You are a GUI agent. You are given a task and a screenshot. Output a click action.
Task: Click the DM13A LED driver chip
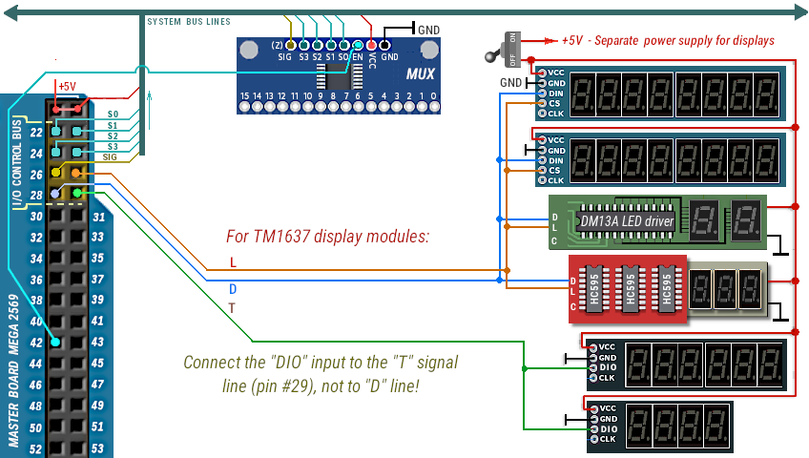[x=626, y=221]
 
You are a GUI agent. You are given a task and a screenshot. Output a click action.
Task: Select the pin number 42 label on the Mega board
[x=35, y=342]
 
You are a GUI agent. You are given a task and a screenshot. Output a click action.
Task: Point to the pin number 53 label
[x=97, y=448]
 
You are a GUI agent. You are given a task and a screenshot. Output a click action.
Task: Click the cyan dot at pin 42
[x=57, y=342]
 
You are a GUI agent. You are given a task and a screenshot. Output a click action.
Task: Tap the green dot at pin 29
[x=77, y=194]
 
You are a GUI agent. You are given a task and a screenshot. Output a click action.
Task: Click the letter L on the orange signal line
[x=234, y=262]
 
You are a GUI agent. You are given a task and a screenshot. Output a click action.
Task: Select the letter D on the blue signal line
[x=234, y=287]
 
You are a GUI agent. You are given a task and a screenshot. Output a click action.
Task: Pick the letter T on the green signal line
[x=232, y=308]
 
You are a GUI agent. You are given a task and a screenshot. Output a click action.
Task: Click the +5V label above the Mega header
[x=67, y=86]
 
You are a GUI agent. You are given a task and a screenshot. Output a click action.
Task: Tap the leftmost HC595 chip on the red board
[x=596, y=285]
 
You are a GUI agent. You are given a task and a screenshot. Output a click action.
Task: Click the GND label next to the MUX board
[x=428, y=31]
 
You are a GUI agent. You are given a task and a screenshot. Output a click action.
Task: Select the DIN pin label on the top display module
[x=556, y=94]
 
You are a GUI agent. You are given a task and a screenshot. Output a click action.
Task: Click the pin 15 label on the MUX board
[x=245, y=96]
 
